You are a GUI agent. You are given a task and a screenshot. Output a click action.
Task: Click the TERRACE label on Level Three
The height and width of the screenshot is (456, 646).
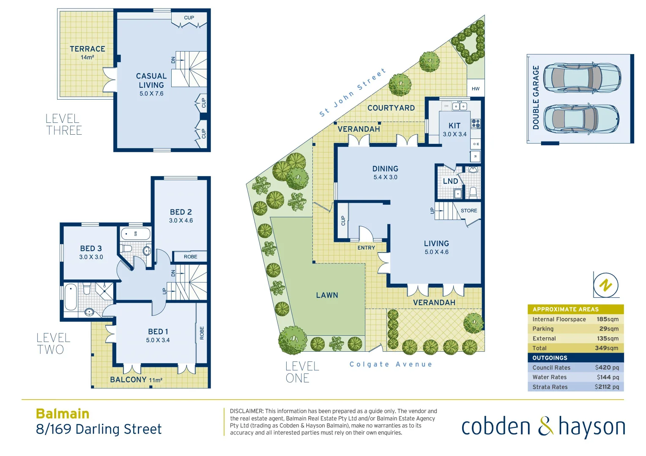(87, 49)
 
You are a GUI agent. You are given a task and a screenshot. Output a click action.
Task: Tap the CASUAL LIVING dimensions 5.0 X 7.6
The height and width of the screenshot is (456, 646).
(151, 94)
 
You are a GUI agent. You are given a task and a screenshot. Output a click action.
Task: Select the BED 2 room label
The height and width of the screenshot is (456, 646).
(181, 212)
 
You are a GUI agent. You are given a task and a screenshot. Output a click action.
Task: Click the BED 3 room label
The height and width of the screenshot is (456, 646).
(91, 249)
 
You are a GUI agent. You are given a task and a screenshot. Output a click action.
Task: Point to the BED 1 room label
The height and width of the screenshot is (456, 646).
(158, 332)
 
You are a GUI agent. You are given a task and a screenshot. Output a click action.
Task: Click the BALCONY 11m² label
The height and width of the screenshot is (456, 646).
(136, 380)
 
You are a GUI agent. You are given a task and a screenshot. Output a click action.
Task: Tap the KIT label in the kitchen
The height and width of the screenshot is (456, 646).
(454, 126)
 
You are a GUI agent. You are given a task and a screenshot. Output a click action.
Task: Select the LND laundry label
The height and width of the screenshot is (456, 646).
(450, 181)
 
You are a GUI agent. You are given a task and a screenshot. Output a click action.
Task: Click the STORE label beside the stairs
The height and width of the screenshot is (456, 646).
(469, 211)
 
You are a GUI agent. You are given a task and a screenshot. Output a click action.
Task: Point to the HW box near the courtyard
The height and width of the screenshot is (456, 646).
(476, 89)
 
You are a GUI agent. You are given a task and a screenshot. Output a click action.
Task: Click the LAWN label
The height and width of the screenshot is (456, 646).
(327, 295)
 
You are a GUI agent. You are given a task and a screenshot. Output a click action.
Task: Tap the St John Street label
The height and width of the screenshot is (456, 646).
(353, 92)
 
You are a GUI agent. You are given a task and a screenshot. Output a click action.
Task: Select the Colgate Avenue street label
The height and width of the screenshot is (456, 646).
(391, 364)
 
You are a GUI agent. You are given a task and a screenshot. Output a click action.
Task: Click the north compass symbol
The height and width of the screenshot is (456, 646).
(606, 285)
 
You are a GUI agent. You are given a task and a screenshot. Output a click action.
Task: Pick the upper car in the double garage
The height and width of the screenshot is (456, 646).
(581, 78)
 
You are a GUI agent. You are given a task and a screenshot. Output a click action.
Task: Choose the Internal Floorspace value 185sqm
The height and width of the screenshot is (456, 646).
(607, 319)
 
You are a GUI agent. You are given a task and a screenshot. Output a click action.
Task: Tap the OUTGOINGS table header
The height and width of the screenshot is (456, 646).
(550, 358)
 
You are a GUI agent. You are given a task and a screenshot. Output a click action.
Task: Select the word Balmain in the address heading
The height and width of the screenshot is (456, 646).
(63, 413)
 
